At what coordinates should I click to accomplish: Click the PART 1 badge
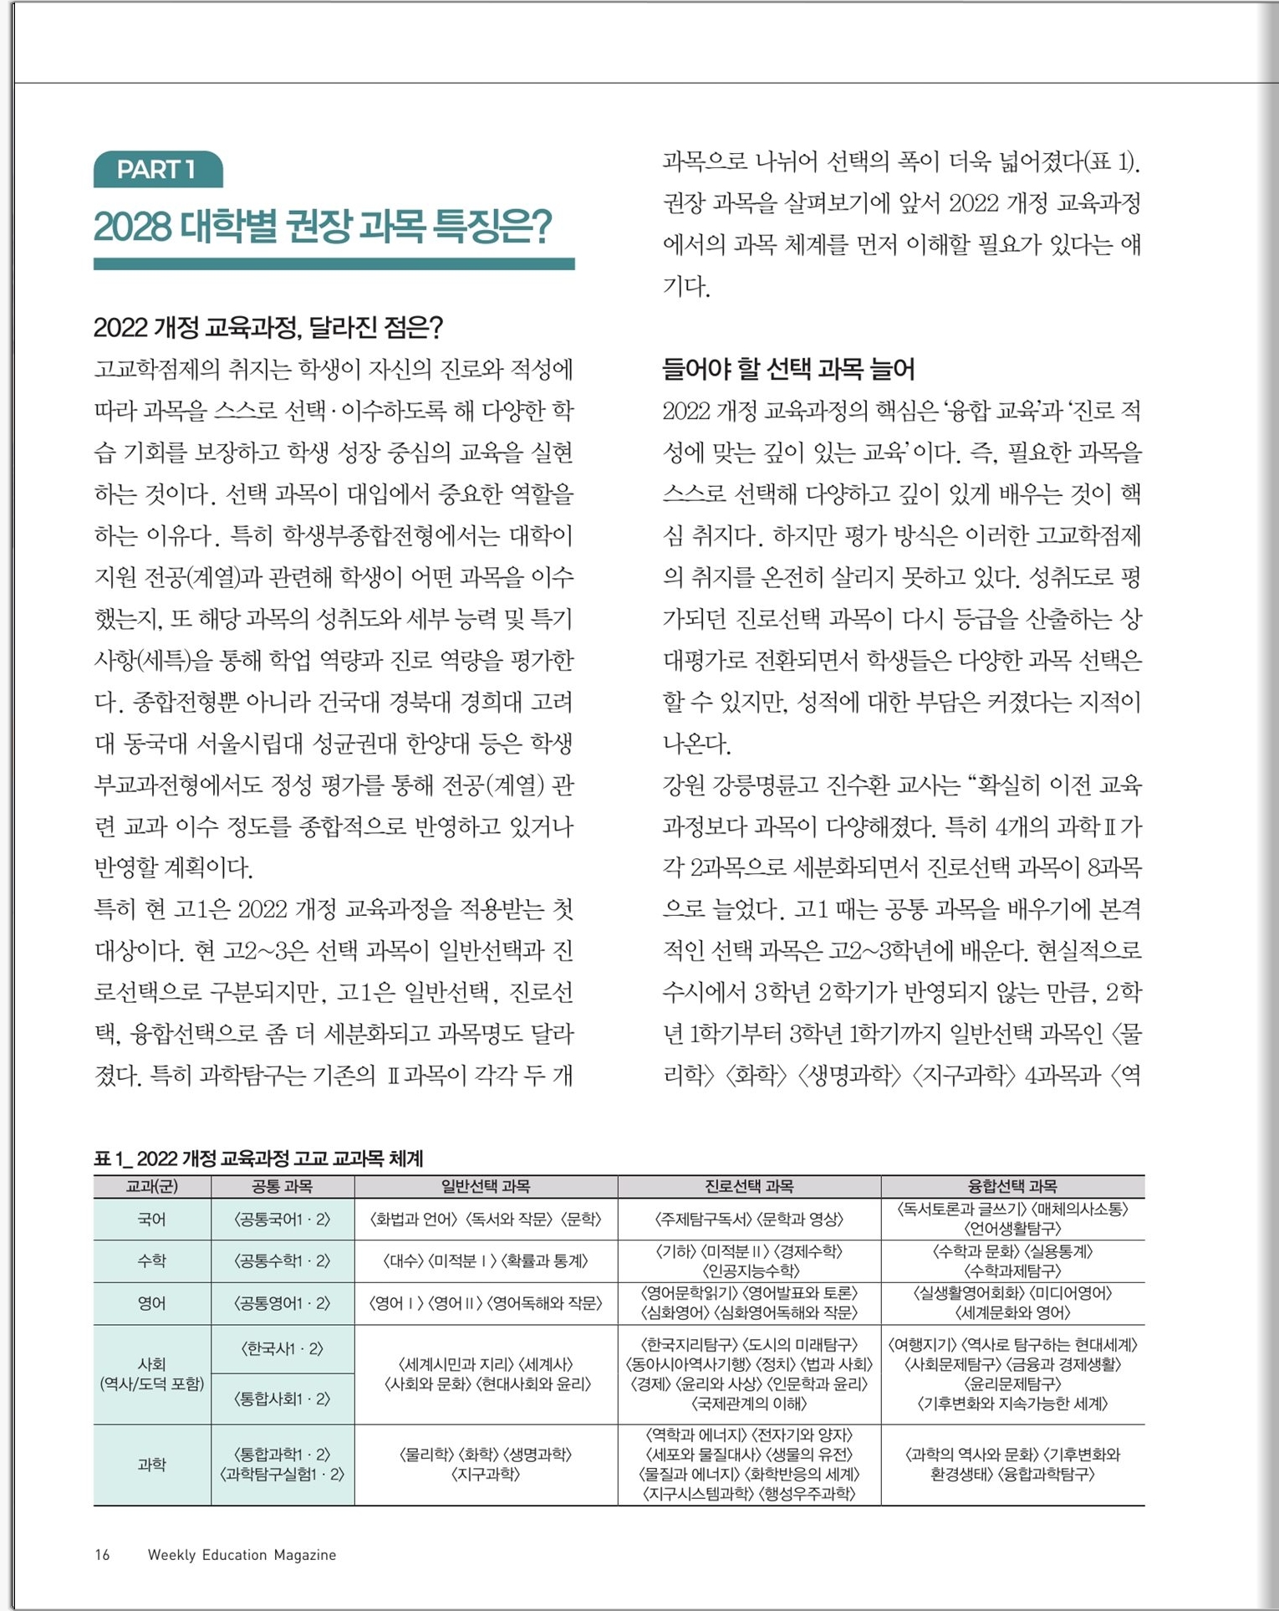[157, 170]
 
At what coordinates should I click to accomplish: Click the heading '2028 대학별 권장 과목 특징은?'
[323, 227]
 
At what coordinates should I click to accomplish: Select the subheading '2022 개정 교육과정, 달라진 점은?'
[268, 327]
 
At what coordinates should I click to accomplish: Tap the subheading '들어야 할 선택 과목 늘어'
[787, 369]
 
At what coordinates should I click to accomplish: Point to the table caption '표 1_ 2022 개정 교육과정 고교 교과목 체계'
[258, 1158]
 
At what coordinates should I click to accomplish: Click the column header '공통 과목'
[282, 1186]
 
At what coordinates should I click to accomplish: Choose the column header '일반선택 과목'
[486, 1186]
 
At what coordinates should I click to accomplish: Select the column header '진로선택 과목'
[749, 1186]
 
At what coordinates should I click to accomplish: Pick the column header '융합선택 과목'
[1012, 1186]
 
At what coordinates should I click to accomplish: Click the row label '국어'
[151, 1220]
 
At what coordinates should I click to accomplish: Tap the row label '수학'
[151, 1261]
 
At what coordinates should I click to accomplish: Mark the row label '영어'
[151, 1303]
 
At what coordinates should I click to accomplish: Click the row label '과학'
[151, 1465]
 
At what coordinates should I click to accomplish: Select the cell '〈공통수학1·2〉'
[282, 1261]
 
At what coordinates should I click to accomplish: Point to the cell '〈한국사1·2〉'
[282, 1349]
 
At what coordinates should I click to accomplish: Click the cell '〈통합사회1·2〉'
[282, 1399]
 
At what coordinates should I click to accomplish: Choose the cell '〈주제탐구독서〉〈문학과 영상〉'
[749, 1220]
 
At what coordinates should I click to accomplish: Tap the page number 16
[102, 1555]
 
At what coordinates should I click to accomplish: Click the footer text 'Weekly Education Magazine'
[242, 1555]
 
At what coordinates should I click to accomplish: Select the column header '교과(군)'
[151, 1186]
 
